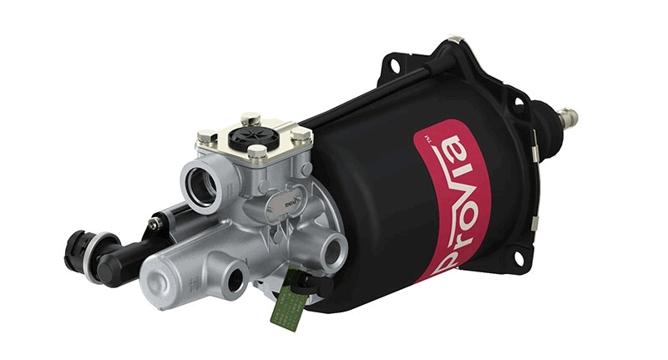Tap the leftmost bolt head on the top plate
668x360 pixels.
tap(203, 136)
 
